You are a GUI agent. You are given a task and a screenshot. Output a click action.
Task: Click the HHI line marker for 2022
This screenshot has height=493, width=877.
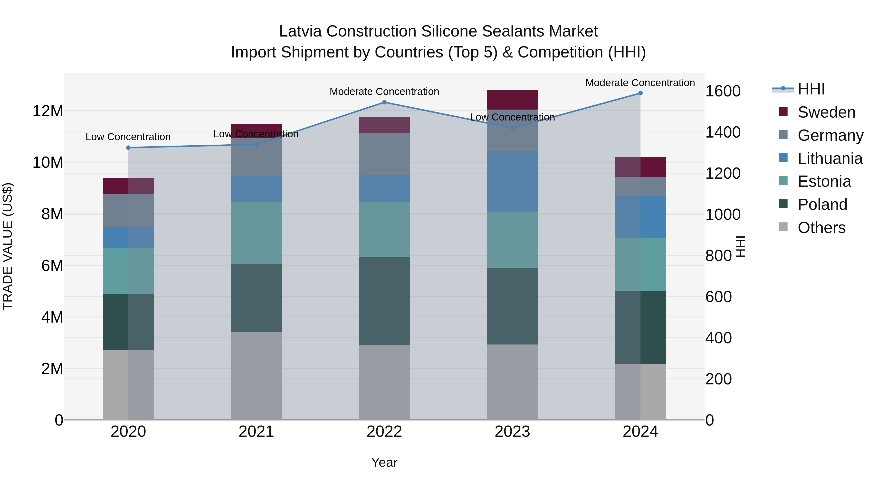(x=384, y=102)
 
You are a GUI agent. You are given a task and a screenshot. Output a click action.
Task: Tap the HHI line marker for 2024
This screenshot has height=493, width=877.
(x=640, y=93)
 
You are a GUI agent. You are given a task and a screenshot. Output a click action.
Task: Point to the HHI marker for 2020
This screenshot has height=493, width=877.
(x=128, y=148)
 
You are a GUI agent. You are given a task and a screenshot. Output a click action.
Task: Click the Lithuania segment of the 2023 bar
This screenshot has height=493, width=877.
(x=512, y=181)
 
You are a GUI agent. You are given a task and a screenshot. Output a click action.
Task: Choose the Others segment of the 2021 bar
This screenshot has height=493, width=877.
(x=256, y=376)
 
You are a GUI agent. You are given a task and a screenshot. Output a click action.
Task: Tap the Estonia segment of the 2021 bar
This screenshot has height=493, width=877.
(x=256, y=233)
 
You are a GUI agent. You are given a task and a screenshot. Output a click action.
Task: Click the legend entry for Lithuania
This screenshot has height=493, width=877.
(x=830, y=158)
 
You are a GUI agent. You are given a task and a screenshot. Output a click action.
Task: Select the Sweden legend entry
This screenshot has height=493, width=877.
(x=826, y=112)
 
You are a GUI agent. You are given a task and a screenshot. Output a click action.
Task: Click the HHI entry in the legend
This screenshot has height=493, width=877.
(x=811, y=89)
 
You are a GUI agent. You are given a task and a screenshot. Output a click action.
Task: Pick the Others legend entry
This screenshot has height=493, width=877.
(x=821, y=228)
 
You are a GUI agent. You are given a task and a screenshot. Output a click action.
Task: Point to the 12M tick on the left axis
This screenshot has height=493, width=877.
(x=48, y=111)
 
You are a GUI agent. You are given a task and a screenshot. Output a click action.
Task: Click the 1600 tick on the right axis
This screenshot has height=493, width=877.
(x=723, y=91)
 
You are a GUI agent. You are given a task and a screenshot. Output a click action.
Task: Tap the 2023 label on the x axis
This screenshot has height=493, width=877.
(x=512, y=432)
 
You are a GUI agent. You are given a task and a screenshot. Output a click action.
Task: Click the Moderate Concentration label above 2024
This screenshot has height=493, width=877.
(x=640, y=83)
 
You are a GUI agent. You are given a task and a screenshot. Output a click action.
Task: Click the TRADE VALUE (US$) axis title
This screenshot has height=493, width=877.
(x=8, y=246)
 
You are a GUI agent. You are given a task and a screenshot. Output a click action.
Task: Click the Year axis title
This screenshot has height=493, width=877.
(x=384, y=462)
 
